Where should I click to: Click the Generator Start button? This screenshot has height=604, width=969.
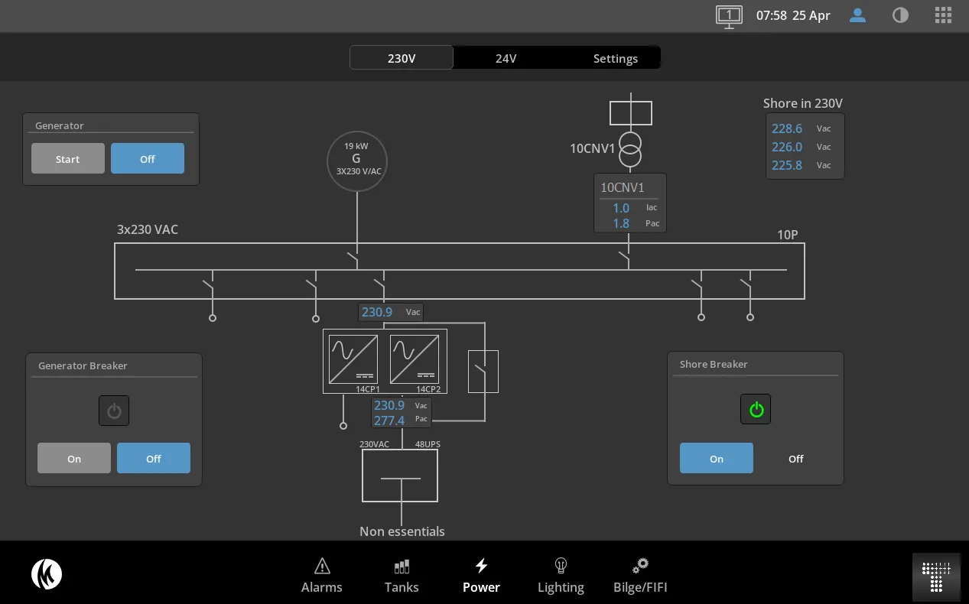pyautogui.click(x=68, y=159)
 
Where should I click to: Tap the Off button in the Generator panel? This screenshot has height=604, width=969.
pyautogui.click(x=148, y=159)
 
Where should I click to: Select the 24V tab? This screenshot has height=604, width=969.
pyautogui.click(x=506, y=58)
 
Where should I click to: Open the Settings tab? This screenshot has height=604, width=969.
pyautogui.click(x=615, y=58)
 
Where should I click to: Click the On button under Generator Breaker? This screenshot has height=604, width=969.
pyautogui.click(x=74, y=458)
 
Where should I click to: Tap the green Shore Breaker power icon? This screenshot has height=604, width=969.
pyautogui.click(x=756, y=409)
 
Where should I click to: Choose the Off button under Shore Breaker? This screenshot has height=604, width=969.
pyautogui.click(x=795, y=458)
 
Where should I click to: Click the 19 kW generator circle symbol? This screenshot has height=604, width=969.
pyautogui.click(x=357, y=161)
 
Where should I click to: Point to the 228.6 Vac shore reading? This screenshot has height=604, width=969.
pyautogui.click(x=787, y=128)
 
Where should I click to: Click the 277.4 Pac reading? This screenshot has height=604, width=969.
pyautogui.click(x=389, y=421)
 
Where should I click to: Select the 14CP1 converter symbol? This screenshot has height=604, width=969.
pyautogui.click(x=353, y=359)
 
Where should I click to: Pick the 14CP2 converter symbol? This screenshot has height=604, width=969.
pyautogui.click(x=415, y=359)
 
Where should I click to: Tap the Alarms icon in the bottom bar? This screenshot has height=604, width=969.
pyautogui.click(x=322, y=566)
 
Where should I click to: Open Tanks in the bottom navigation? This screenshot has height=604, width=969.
pyautogui.click(x=402, y=576)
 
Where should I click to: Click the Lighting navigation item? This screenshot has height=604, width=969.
pyautogui.click(x=561, y=576)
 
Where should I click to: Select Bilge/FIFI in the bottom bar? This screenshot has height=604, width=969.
pyautogui.click(x=640, y=576)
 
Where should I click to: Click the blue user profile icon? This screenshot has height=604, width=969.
pyautogui.click(x=857, y=15)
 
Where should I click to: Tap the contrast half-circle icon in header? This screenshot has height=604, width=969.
pyautogui.click(x=900, y=15)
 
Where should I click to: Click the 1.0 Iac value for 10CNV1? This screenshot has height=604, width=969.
pyautogui.click(x=621, y=208)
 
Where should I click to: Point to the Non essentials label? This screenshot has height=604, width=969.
pyautogui.click(x=402, y=531)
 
